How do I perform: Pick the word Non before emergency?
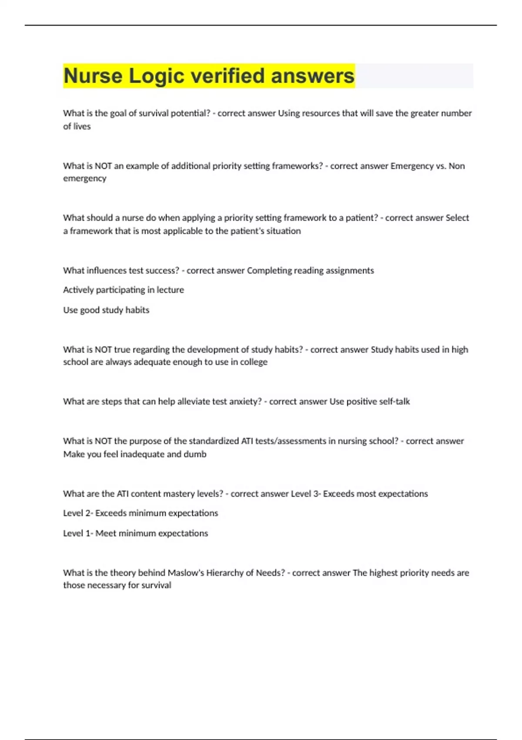tap(457, 166)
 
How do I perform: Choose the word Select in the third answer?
tap(457, 218)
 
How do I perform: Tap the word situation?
tap(283, 231)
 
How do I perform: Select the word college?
tap(254, 362)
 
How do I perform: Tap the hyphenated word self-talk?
tap(394, 401)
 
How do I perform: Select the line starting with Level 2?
tap(141, 513)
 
